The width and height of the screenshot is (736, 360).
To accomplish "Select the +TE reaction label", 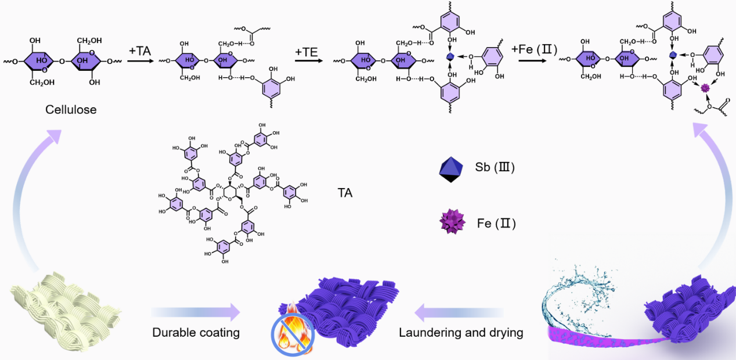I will tap(306, 52).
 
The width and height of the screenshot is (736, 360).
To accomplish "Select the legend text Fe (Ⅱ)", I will tap(496, 222).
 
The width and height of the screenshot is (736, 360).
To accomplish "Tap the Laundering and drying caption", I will tap(461, 333).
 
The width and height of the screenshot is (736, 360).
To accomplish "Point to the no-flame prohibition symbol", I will tap(293, 333).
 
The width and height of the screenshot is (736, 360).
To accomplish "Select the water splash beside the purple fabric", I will tap(575, 296).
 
